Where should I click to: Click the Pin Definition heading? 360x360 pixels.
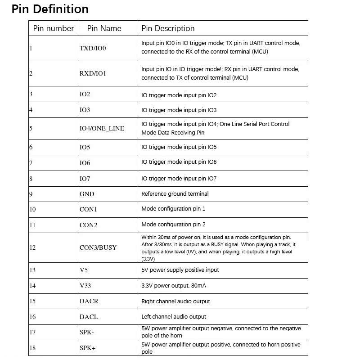(x=50, y=9)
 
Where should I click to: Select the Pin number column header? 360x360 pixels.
(x=54, y=28)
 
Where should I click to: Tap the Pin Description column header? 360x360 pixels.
(x=168, y=28)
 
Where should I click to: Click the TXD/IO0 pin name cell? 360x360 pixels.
(x=93, y=48)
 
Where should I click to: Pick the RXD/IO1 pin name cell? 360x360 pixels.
(x=93, y=73)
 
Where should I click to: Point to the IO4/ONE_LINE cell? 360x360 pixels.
(x=102, y=128)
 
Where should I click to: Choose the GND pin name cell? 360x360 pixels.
(x=87, y=194)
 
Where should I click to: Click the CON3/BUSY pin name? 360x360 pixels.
(x=98, y=247)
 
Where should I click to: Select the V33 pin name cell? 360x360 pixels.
(x=85, y=286)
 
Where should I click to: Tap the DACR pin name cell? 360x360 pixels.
(x=89, y=301)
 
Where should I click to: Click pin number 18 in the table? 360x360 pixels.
(x=32, y=348)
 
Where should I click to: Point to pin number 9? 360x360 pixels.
(x=31, y=194)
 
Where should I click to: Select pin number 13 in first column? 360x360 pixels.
(x=32, y=270)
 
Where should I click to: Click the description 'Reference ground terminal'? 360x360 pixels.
(x=175, y=194)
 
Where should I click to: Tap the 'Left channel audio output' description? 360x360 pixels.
(x=174, y=316)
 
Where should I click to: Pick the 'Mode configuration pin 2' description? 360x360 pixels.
(x=173, y=225)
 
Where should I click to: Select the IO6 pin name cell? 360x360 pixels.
(x=85, y=163)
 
